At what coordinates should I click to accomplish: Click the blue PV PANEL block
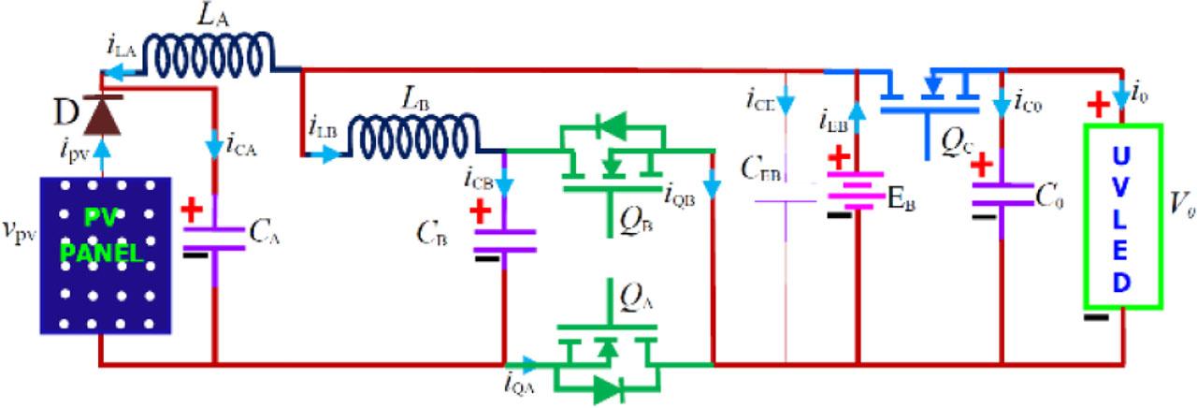tap(106, 255)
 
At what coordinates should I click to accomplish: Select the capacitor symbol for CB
tap(504, 240)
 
